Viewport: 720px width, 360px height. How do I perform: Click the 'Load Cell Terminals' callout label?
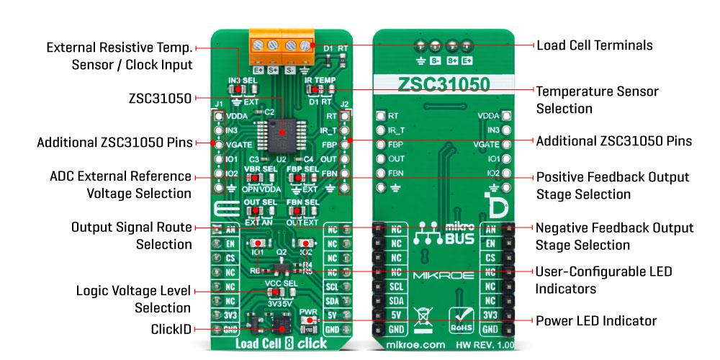594,45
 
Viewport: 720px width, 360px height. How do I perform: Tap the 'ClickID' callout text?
171,328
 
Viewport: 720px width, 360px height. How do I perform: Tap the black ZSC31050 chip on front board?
282,132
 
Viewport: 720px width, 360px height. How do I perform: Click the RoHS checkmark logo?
461,318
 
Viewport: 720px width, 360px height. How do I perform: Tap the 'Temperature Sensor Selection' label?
587,100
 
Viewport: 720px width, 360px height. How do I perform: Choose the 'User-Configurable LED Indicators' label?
603,280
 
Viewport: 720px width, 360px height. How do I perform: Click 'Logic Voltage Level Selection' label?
134,300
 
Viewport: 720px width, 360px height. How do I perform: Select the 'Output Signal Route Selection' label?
132,235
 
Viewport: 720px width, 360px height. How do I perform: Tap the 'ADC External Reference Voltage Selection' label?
121,184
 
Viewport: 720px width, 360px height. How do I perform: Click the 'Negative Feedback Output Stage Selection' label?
614,236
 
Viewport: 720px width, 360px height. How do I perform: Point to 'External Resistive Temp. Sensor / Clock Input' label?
120,56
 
